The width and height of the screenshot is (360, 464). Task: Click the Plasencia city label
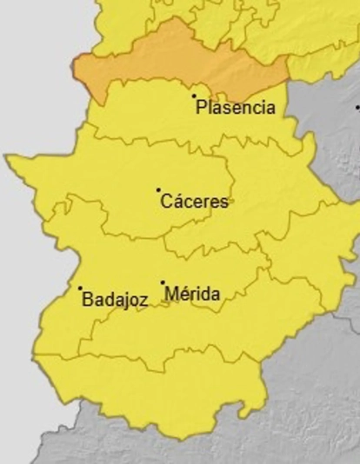(x=236, y=108)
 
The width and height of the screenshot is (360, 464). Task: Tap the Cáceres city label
(x=194, y=202)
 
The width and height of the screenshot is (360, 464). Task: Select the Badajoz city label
(x=114, y=300)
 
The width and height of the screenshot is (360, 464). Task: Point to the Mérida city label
(x=191, y=295)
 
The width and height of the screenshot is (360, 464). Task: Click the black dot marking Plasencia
(x=194, y=96)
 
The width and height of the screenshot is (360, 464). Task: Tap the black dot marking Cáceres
(x=158, y=189)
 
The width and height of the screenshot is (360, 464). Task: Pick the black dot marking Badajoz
(x=80, y=288)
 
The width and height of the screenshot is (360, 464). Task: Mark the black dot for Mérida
(x=163, y=282)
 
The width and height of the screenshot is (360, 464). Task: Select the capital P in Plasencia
(x=202, y=108)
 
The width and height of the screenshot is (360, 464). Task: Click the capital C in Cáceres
(x=166, y=202)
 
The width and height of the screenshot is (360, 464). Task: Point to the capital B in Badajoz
(x=87, y=300)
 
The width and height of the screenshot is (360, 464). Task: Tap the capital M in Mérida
(x=170, y=295)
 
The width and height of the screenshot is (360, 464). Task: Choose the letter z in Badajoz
(x=143, y=301)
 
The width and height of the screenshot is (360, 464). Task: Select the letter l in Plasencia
(x=210, y=108)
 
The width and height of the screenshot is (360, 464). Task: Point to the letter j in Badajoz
(x=124, y=301)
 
